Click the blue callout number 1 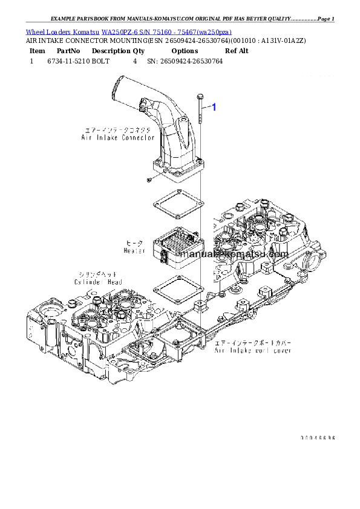(x=213, y=107)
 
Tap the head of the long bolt (x=198, y=96)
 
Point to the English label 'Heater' (x=134, y=250)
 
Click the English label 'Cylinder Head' (x=98, y=282)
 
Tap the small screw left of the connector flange (x=148, y=180)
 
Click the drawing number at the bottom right (x=318, y=437)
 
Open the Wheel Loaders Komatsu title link (x=128, y=31)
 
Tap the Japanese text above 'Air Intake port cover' (x=254, y=342)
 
